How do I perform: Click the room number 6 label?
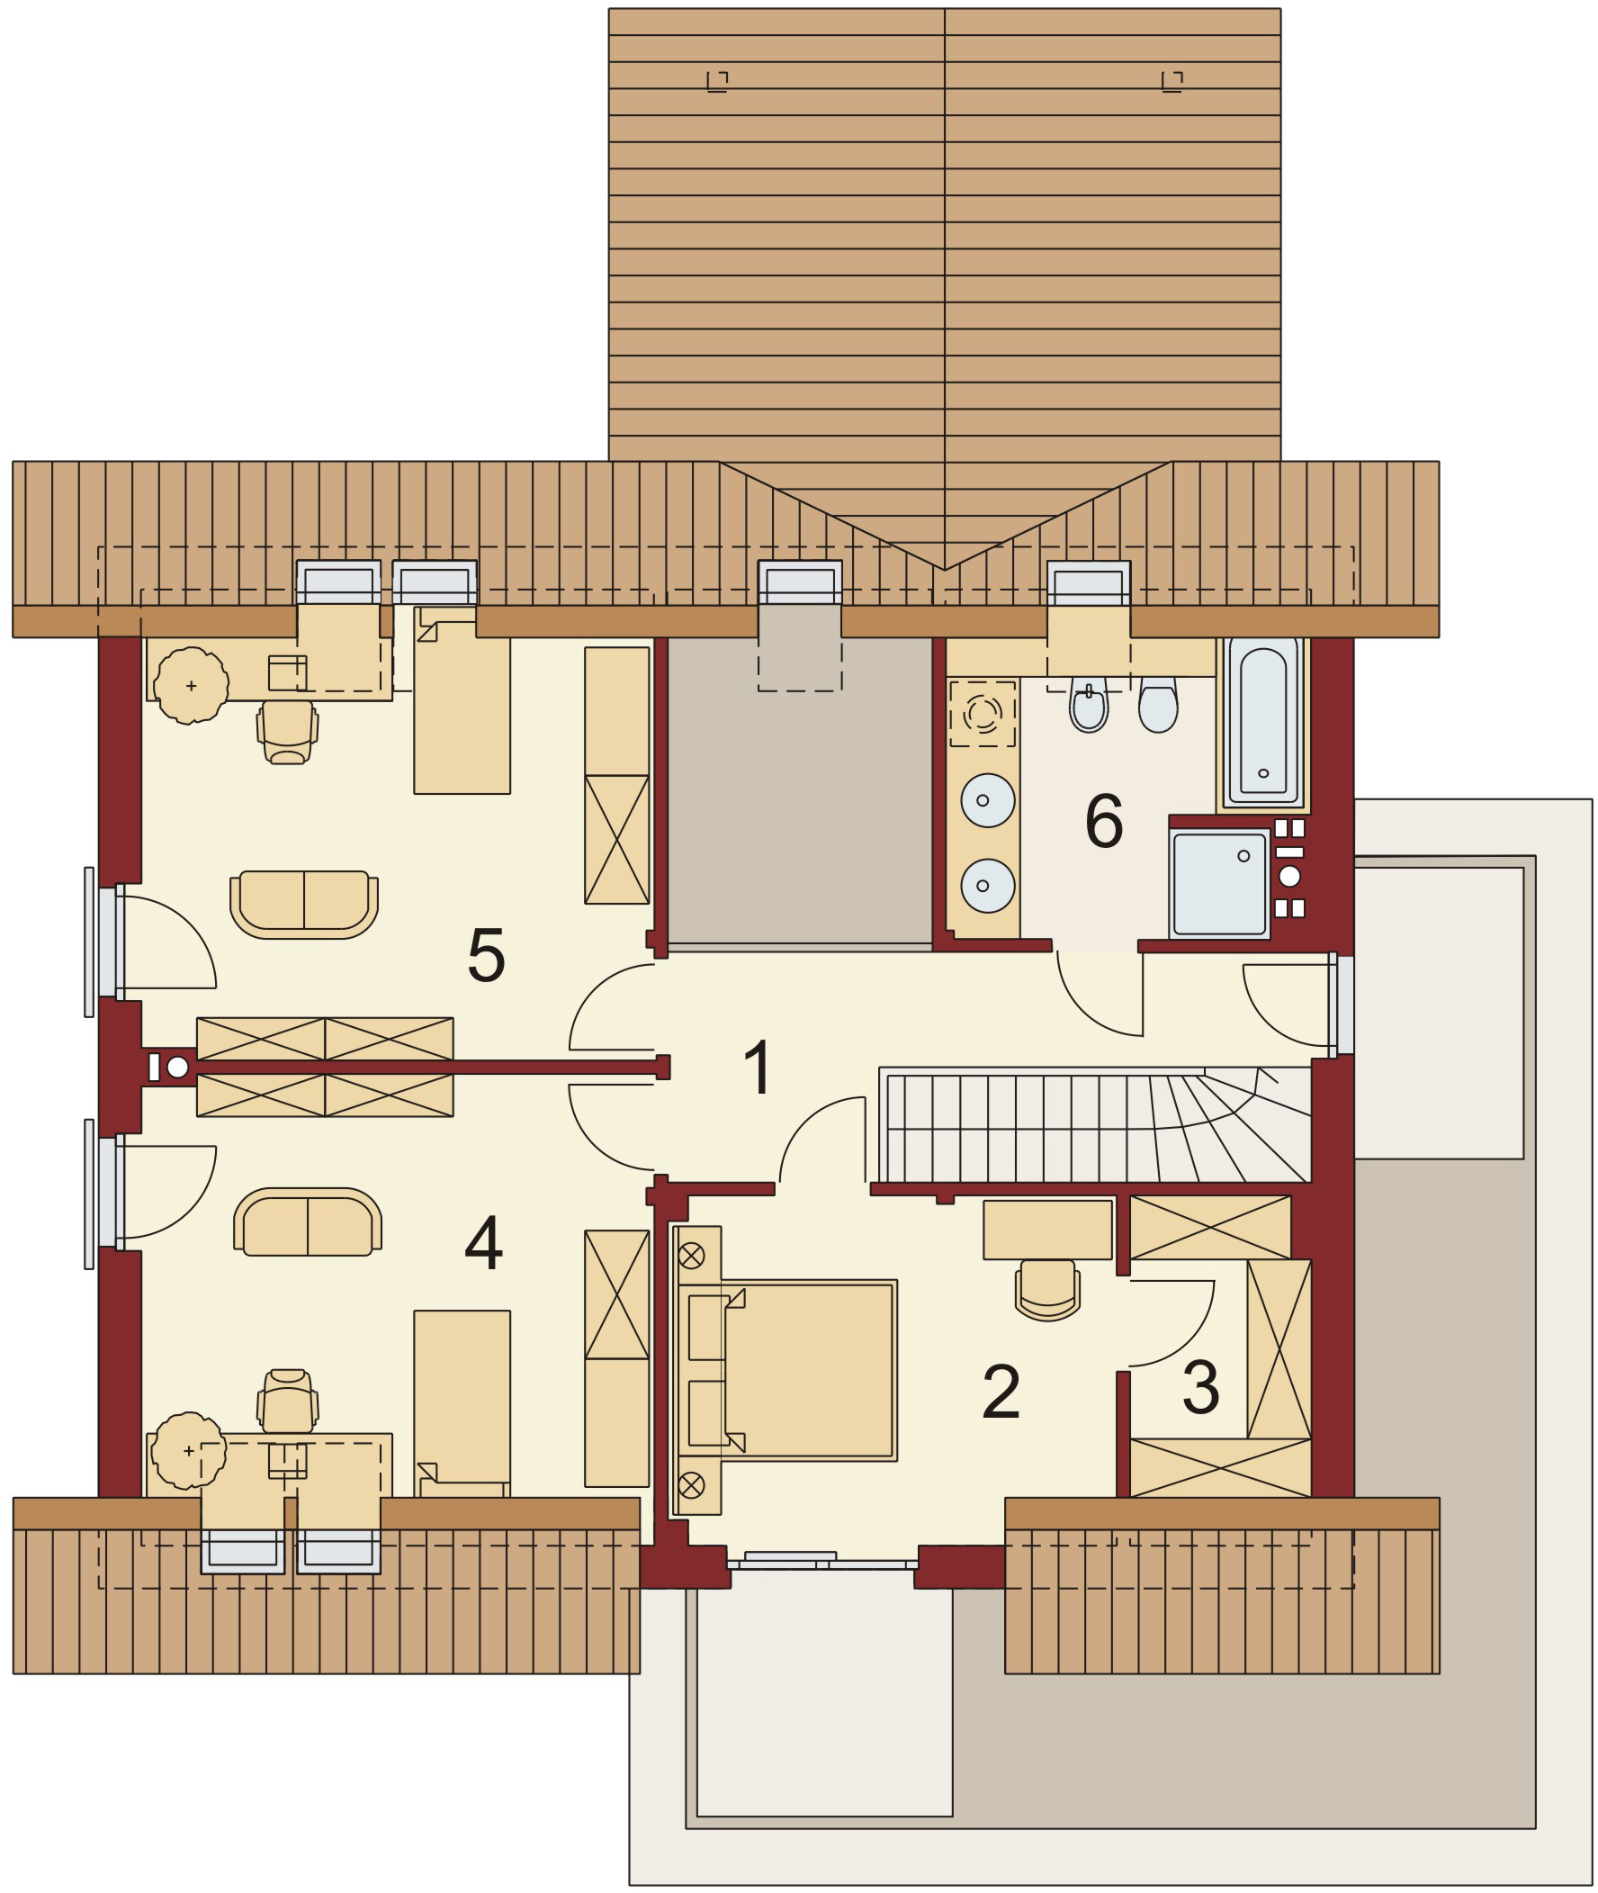[x=1103, y=821]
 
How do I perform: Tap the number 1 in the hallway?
[x=758, y=1068]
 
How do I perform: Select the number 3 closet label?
[x=1200, y=1386]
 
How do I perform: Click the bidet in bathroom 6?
[x=1088, y=708]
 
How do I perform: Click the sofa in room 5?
[x=304, y=903]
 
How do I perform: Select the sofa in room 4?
[x=307, y=1222]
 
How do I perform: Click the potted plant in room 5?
[x=191, y=685]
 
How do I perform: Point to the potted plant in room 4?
[x=187, y=1450]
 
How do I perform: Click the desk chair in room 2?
[x=1047, y=1290]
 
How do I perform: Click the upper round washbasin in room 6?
[x=987, y=800]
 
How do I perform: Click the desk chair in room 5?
[x=287, y=732]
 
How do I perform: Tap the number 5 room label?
[x=486, y=955]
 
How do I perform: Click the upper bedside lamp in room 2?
[x=691, y=1255]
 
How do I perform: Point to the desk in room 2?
[x=1047, y=1230]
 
